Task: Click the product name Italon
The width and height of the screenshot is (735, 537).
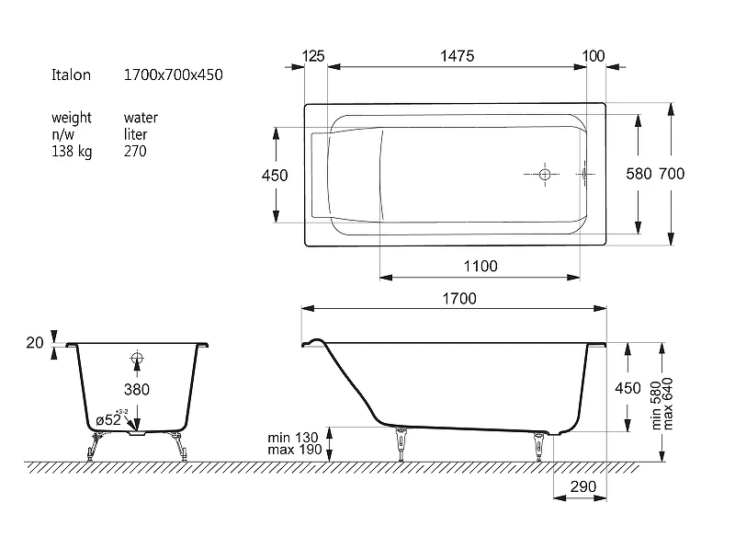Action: [71, 75]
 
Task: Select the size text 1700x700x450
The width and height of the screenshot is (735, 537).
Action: [173, 75]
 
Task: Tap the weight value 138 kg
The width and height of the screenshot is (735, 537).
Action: [72, 152]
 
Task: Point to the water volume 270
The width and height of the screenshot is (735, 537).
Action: [135, 151]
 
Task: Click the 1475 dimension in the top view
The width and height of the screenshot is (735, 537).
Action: [457, 56]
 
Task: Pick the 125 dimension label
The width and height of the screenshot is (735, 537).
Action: [313, 56]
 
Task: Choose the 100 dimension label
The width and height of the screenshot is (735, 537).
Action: [593, 56]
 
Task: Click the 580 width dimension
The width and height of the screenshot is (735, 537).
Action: [639, 174]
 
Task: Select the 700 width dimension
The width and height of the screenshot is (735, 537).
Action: [672, 174]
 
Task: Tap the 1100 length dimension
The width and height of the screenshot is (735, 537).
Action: [481, 267]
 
